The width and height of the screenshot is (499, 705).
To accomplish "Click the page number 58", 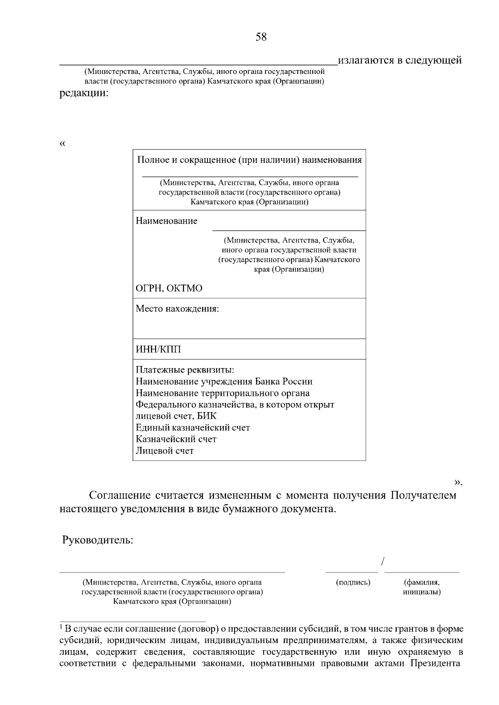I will coord(261,37).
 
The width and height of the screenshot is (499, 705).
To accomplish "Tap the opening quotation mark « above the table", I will coord(62,144).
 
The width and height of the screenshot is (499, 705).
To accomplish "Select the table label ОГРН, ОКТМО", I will coord(169,288).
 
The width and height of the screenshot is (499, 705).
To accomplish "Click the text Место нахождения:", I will coord(177,309).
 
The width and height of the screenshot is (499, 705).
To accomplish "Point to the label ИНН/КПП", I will coord(158,350).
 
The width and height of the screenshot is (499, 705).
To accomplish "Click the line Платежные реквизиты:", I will coord(185,370).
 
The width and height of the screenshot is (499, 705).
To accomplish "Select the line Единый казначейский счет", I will coord(193,427).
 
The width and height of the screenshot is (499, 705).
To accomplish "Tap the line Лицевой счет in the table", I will coord(165,451).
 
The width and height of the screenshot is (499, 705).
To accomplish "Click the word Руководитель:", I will coord(98,540).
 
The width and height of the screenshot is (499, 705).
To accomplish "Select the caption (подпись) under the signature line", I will coord(353,582).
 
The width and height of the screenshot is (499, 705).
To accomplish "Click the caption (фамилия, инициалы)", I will coord(422,587).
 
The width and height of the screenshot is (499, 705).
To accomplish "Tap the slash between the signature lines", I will coord(382,562).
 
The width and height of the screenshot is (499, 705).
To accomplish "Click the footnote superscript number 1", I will coord(61,626).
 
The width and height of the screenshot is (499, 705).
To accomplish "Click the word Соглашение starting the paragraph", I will coord(120,496).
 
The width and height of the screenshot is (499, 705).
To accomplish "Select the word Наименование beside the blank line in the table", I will coord(166,221).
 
